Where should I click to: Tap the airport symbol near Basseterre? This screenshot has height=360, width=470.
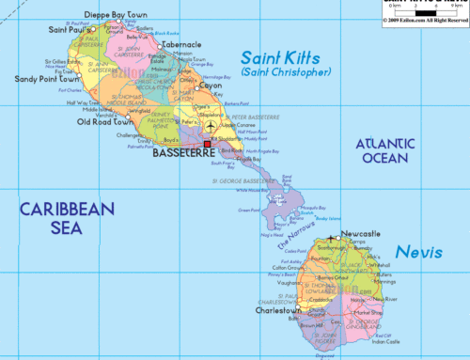pos(211,126)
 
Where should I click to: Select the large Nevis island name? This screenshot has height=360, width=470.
pos(415,252)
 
